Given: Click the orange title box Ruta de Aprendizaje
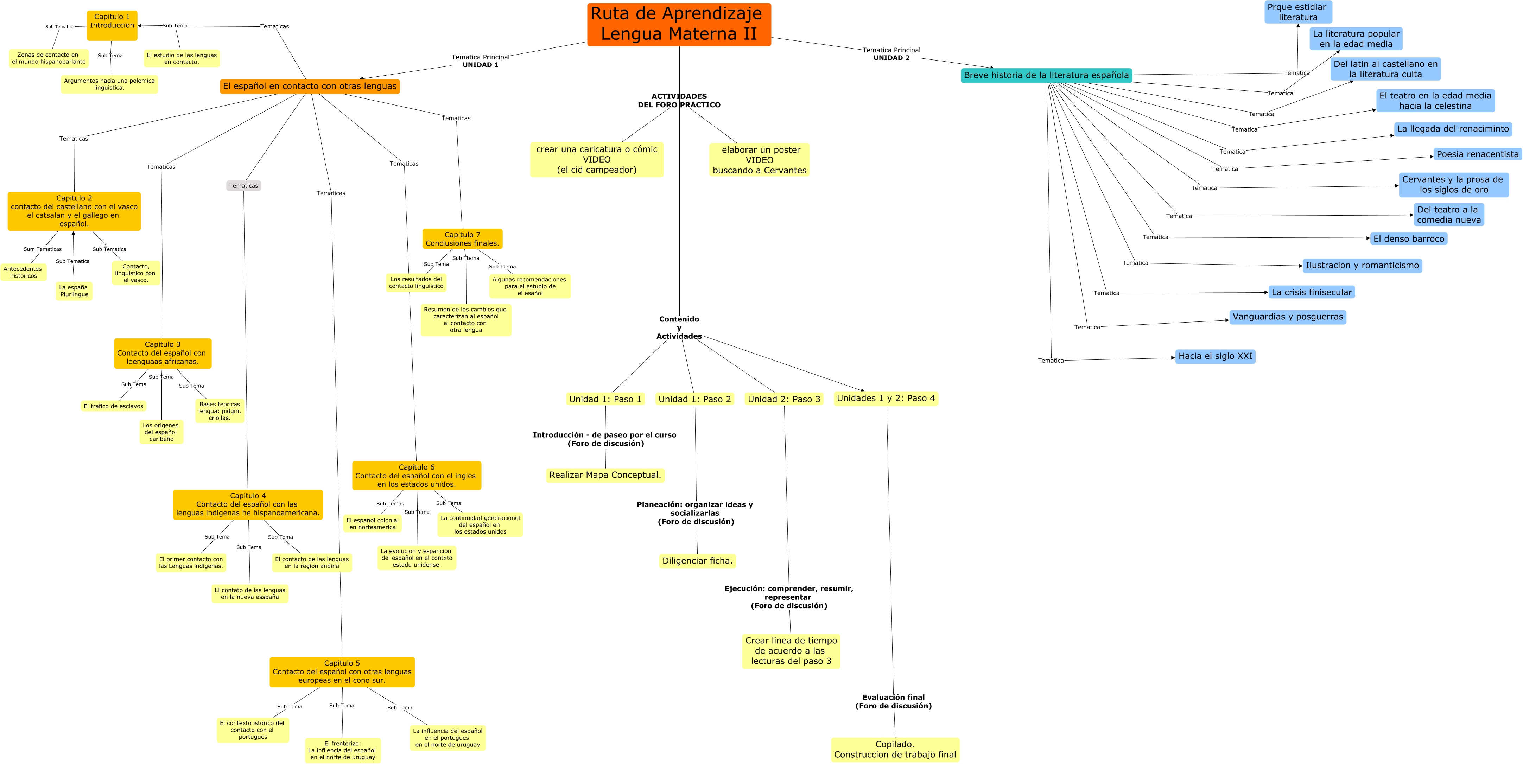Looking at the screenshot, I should pos(679,24).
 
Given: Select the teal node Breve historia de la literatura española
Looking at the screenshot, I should pos(1046,75).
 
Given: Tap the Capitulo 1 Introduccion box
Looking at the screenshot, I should pos(112,25).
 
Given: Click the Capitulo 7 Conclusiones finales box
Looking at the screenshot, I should pos(462,239).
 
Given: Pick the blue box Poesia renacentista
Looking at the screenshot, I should pos(1477,154).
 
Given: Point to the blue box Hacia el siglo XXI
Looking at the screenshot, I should pos(1215,356).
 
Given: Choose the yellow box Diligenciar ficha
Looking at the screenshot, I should pos(697,561).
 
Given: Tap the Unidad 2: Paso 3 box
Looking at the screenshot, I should pos(784,399).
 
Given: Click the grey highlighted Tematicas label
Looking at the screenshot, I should pos(243,186).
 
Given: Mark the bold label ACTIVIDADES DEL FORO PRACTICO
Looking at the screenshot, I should pos(679,101).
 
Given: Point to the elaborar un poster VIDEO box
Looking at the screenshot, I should pos(759,160).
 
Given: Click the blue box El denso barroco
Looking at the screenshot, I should pos(1408,239).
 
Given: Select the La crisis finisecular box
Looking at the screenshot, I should pos(1311,292).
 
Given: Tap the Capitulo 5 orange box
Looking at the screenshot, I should pos(342,672).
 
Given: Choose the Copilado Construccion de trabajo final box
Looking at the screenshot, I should pos(895,749).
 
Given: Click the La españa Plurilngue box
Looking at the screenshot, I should pos(74,291).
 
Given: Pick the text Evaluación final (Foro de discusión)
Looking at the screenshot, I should pos(893,701).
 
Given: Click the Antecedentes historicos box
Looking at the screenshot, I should pos(23,272).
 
